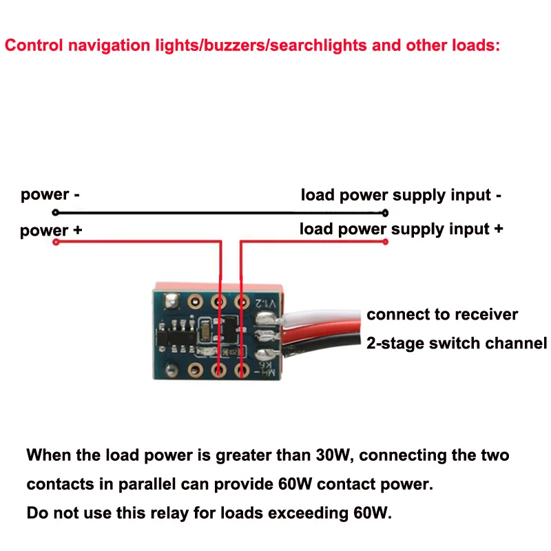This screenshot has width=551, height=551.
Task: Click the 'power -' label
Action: [x=50, y=195]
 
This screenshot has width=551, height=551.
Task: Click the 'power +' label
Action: [x=51, y=230]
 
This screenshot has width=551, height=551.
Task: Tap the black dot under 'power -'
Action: [x=56, y=213]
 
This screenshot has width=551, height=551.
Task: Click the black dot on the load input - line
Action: [x=385, y=213]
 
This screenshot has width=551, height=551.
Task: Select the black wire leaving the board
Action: [x=324, y=342]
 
